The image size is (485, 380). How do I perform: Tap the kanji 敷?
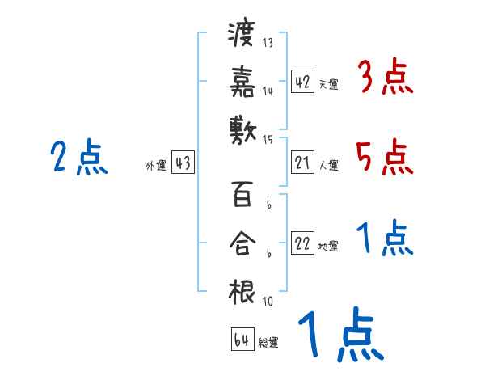[242, 129]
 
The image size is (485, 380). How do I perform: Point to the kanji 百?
[242, 196]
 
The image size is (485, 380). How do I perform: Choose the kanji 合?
[242, 243]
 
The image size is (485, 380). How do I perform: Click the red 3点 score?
[385, 78]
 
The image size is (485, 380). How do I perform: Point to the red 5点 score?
[385, 157]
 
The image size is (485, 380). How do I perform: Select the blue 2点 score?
[78, 157]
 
